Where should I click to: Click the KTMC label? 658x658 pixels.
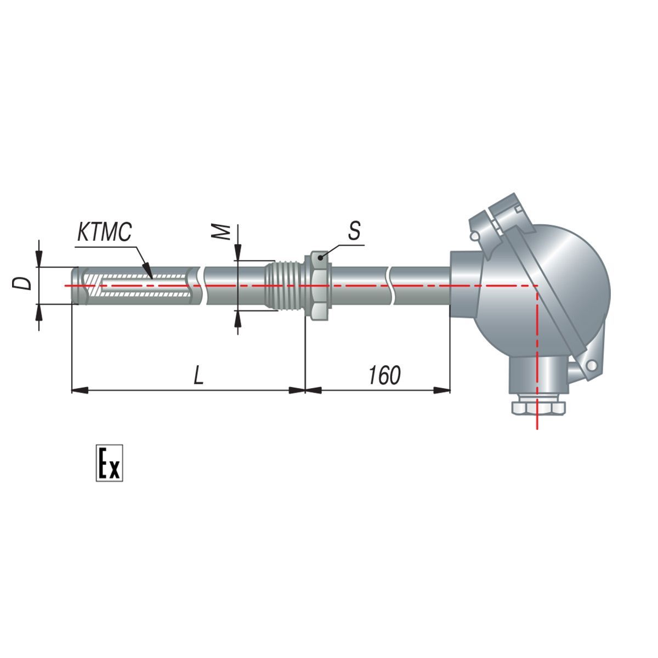pyautogui.click(x=105, y=232)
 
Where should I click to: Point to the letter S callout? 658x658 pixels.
pyautogui.click(x=354, y=230)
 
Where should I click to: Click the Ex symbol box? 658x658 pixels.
pyautogui.click(x=109, y=463)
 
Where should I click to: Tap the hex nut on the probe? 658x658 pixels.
pyautogui.click(x=319, y=286)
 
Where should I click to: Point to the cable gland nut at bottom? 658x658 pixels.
pyautogui.click(x=538, y=408)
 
